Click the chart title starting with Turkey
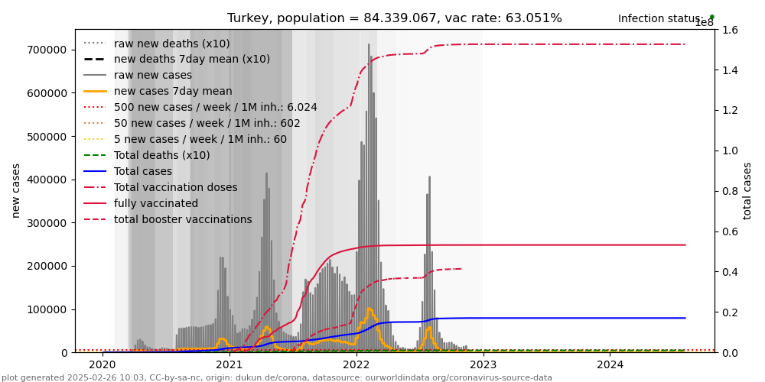click(394, 18)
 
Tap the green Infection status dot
click(711, 16)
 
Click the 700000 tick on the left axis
click(45, 50)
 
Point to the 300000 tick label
click(45, 223)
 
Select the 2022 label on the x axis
click(356, 364)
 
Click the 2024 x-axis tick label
click(610, 364)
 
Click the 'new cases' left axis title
click(16, 190)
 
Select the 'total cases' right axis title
click(747, 190)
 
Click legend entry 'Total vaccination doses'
click(175, 187)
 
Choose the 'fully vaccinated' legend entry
click(156, 203)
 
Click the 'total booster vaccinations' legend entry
click(183, 219)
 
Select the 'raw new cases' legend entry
click(153, 75)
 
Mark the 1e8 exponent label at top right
click(704, 23)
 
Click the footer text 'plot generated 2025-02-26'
click(276, 377)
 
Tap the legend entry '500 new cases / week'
click(215, 107)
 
